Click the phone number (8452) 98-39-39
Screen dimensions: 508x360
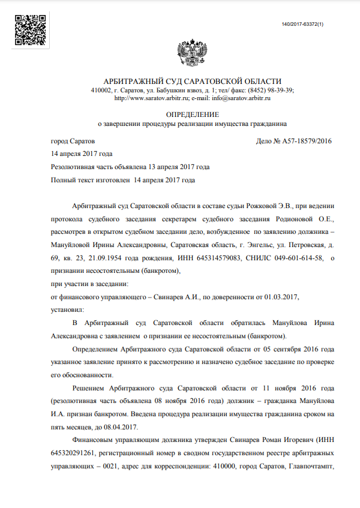(274, 90)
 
